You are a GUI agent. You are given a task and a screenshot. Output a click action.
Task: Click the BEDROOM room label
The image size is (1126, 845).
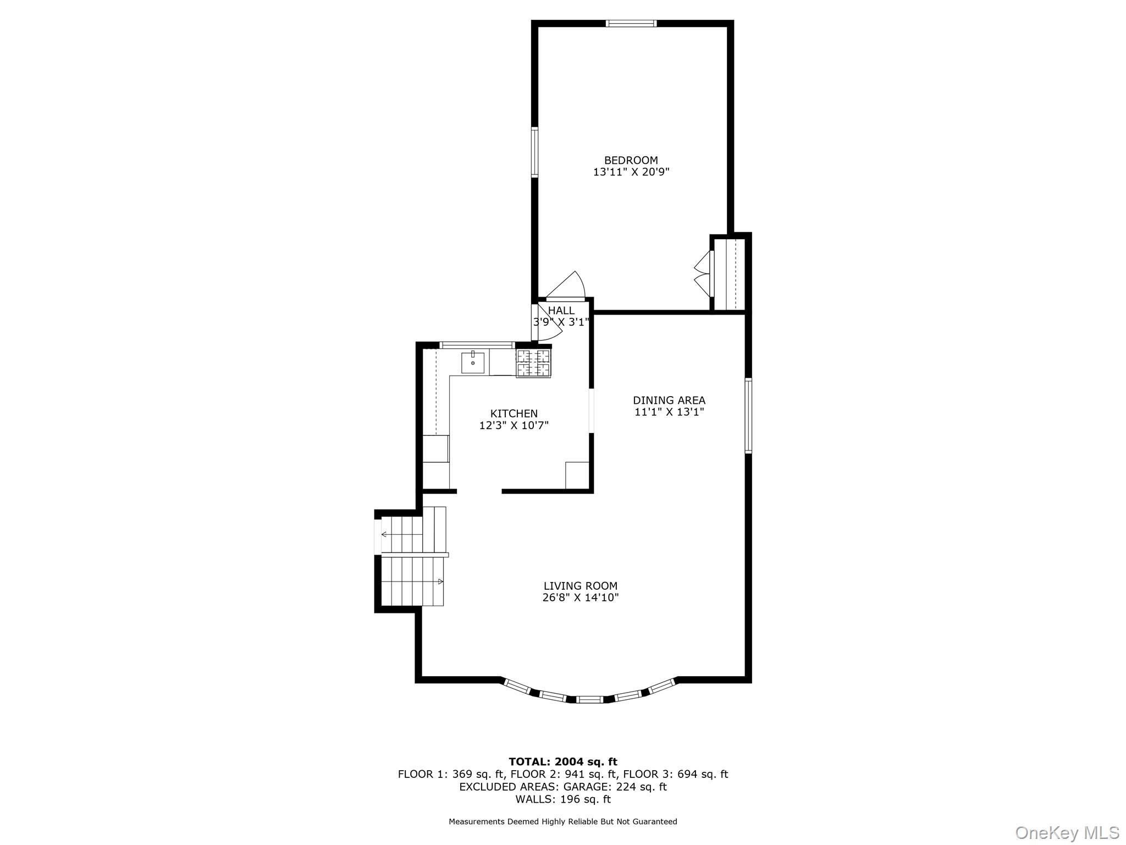[x=631, y=160]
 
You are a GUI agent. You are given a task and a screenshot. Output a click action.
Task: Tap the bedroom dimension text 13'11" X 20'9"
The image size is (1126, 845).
[x=631, y=172]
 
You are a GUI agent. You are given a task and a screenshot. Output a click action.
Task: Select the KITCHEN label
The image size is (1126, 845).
[x=514, y=413]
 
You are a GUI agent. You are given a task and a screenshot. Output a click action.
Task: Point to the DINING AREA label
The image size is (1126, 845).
[x=669, y=400]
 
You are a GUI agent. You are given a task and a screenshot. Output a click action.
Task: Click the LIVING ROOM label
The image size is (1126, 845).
[x=580, y=586]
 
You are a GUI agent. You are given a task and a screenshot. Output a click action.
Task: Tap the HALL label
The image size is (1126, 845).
[x=561, y=310]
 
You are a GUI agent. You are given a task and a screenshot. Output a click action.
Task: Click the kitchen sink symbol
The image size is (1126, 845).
[x=472, y=363]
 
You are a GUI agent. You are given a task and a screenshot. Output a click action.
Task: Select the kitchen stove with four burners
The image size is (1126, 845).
[x=533, y=363]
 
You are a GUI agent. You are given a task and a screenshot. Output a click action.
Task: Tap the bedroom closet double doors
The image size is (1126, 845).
[x=703, y=274]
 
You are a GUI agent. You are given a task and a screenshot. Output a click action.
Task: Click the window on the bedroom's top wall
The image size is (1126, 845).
[x=631, y=24]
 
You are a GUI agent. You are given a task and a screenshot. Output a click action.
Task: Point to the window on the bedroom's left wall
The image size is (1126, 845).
[x=534, y=152]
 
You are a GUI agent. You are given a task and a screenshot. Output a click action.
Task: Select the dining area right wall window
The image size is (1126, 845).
[x=748, y=415]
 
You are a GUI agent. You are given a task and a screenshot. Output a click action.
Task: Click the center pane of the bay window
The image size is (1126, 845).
[x=589, y=699]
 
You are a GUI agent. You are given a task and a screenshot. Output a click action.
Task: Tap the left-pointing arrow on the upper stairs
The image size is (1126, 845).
[x=384, y=534]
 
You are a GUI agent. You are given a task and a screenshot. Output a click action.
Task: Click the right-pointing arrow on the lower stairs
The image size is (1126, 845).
[x=440, y=581]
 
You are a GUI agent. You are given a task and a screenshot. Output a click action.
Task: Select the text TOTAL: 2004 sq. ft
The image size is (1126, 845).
[x=562, y=761]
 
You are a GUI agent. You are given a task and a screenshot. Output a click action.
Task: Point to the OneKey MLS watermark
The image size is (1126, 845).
[x=1067, y=832]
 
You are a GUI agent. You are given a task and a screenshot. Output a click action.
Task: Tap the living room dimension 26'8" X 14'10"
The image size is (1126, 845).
[x=580, y=598]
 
